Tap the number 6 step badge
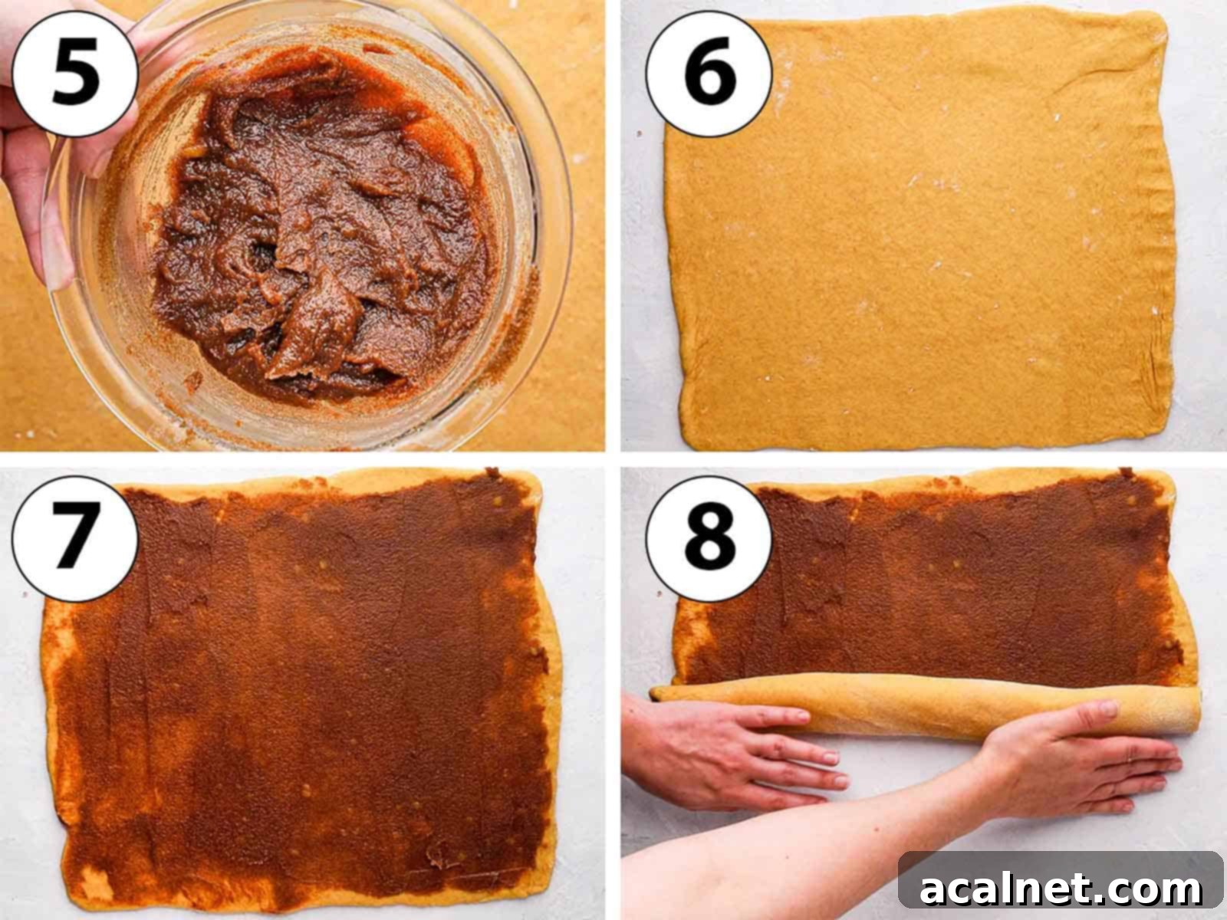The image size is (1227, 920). (709, 74)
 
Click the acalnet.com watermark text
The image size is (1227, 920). (1061, 889)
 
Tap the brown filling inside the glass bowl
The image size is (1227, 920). (322, 230)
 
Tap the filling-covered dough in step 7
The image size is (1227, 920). (307, 690)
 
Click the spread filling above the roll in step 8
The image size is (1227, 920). (920, 583)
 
